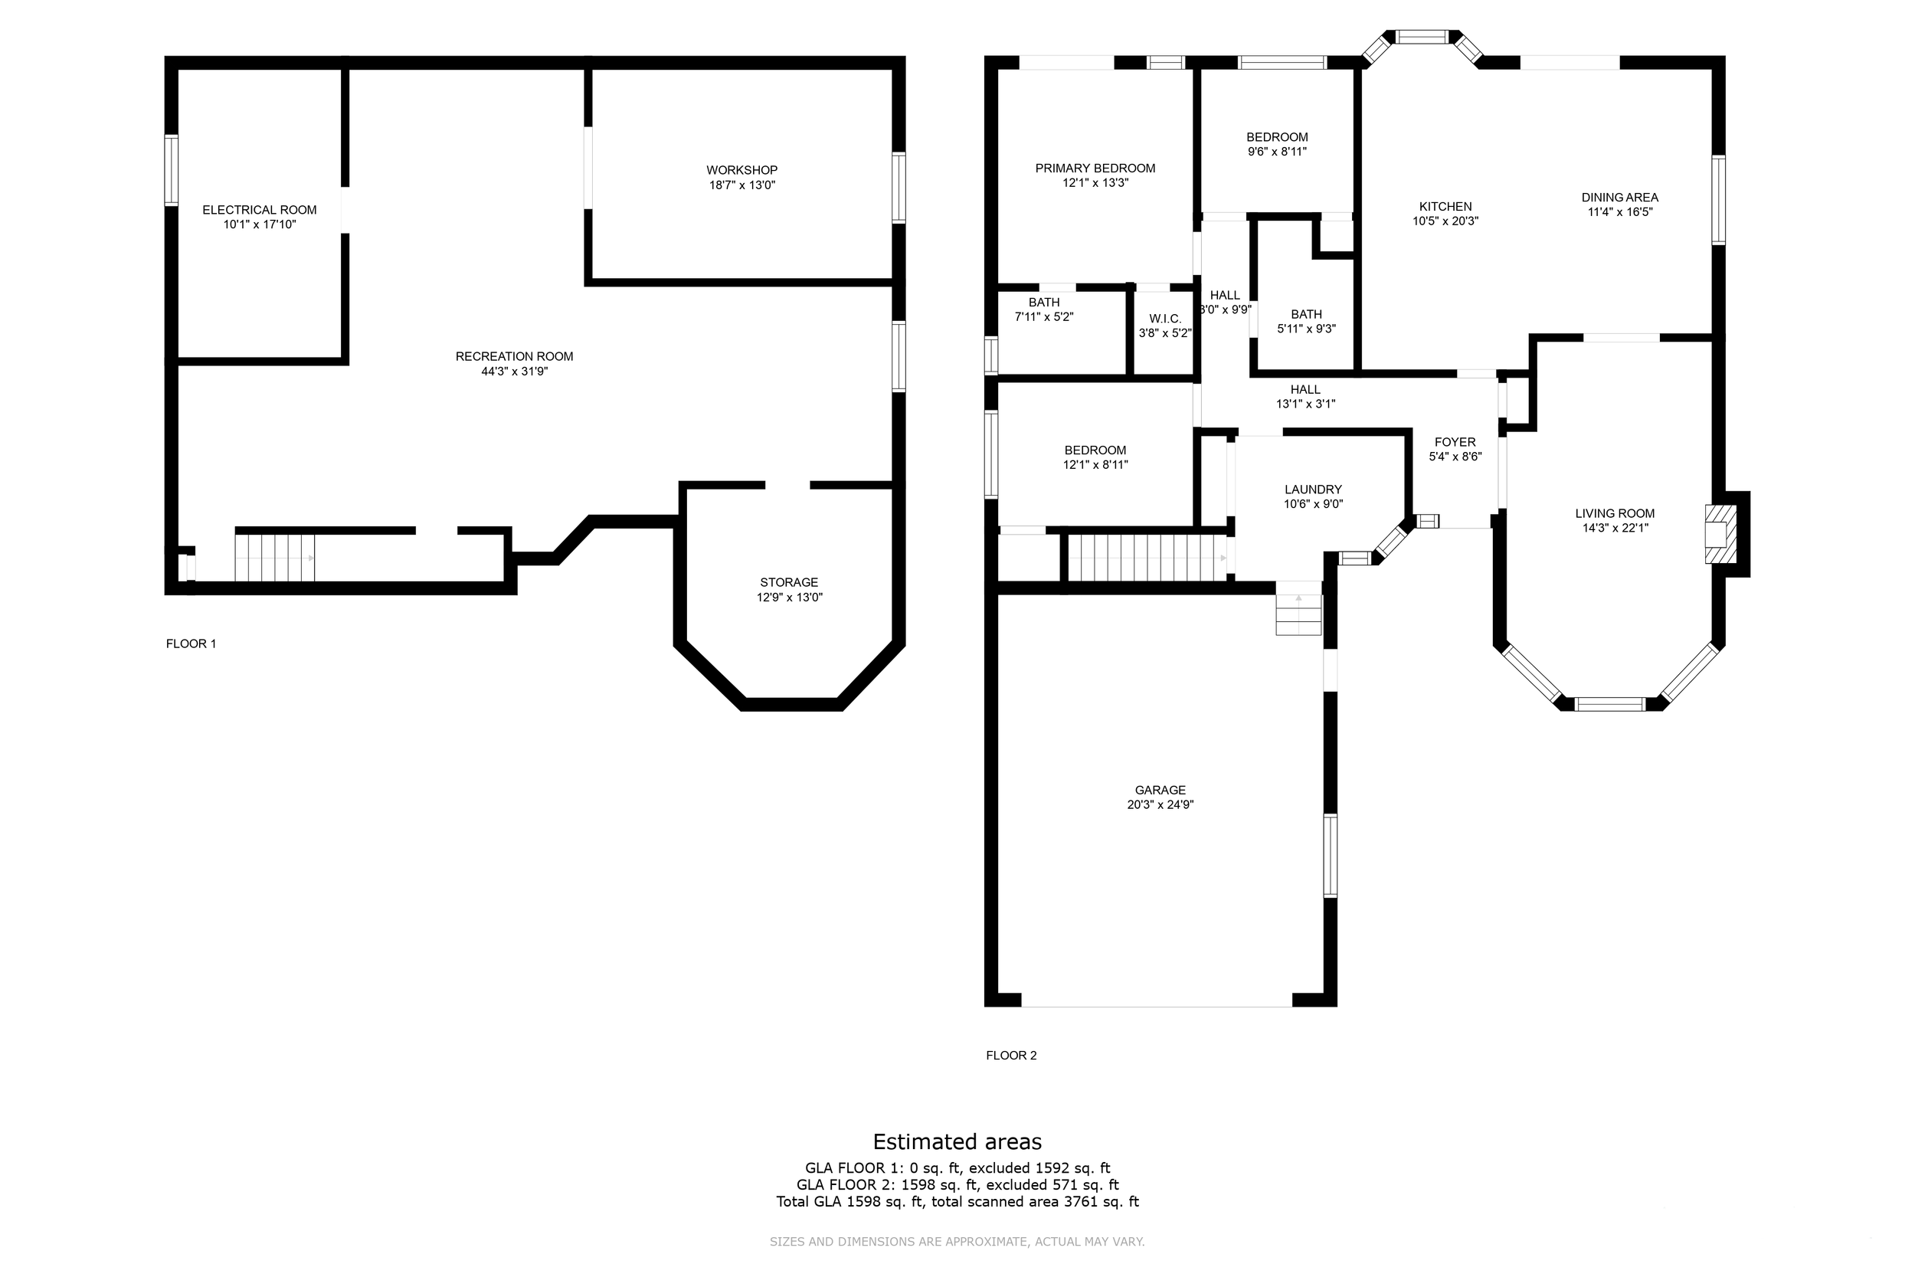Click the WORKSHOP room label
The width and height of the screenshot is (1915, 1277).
pyautogui.click(x=741, y=170)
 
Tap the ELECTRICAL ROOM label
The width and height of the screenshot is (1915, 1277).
pyautogui.click(x=260, y=210)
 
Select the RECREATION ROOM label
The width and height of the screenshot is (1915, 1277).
pyautogui.click(x=515, y=357)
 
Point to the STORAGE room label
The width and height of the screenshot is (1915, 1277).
pyautogui.click(x=789, y=582)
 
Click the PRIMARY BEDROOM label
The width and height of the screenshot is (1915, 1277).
pyautogui.click(x=1095, y=169)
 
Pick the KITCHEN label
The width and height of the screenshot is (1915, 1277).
pyautogui.click(x=1445, y=207)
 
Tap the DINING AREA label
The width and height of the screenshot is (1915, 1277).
pyautogui.click(x=1619, y=197)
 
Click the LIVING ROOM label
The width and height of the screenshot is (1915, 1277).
pyautogui.click(x=1615, y=513)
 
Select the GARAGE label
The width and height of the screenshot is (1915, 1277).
pyautogui.click(x=1160, y=790)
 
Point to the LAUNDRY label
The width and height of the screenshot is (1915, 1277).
pyautogui.click(x=1313, y=490)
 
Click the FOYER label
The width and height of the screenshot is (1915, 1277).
pyautogui.click(x=1455, y=442)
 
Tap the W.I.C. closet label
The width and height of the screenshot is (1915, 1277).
pyautogui.click(x=1165, y=319)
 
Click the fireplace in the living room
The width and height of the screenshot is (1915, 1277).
pyautogui.click(x=1720, y=534)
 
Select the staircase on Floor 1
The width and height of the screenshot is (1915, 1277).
pyautogui.click(x=274, y=558)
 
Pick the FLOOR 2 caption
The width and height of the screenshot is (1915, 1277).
pyautogui.click(x=1011, y=1056)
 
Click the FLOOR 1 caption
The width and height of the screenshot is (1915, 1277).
pyautogui.click(x=191, y=643)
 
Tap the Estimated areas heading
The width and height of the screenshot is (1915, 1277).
pyautogui.click(x=957, y=1142)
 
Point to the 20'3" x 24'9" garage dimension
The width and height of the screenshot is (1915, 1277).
pyautogui.click(x=1160, y=804)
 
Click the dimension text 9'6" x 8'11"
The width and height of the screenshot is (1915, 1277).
pyautogui.click(x=1277, y=152)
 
